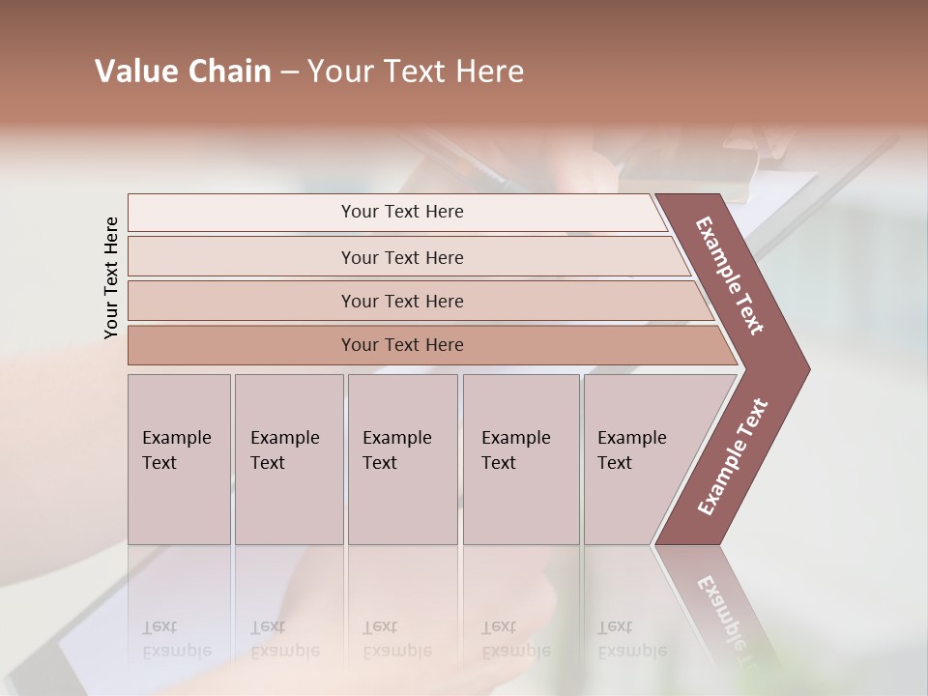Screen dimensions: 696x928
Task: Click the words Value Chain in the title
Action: point(183,72)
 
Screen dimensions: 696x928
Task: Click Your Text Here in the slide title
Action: point(416,72)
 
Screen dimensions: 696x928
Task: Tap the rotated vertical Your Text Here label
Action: point(111,277)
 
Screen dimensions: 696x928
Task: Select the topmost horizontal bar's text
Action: point(402,212)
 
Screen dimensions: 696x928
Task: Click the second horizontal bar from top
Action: point(402,257)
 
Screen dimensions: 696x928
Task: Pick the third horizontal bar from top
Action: point(402,301)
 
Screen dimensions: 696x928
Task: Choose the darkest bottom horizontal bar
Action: point(402,345)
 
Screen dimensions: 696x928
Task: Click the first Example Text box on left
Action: point(179,459)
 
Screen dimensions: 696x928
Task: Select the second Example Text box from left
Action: point(288,459)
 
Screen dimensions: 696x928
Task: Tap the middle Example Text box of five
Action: point(402,459)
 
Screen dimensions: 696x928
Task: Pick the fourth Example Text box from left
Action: point(520,459)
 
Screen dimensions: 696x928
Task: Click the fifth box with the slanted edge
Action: point(638,459)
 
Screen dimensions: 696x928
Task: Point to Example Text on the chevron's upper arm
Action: point(730,275)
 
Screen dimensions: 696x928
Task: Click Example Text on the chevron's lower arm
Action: point(732,456)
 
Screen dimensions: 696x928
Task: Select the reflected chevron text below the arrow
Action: point(730,619)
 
